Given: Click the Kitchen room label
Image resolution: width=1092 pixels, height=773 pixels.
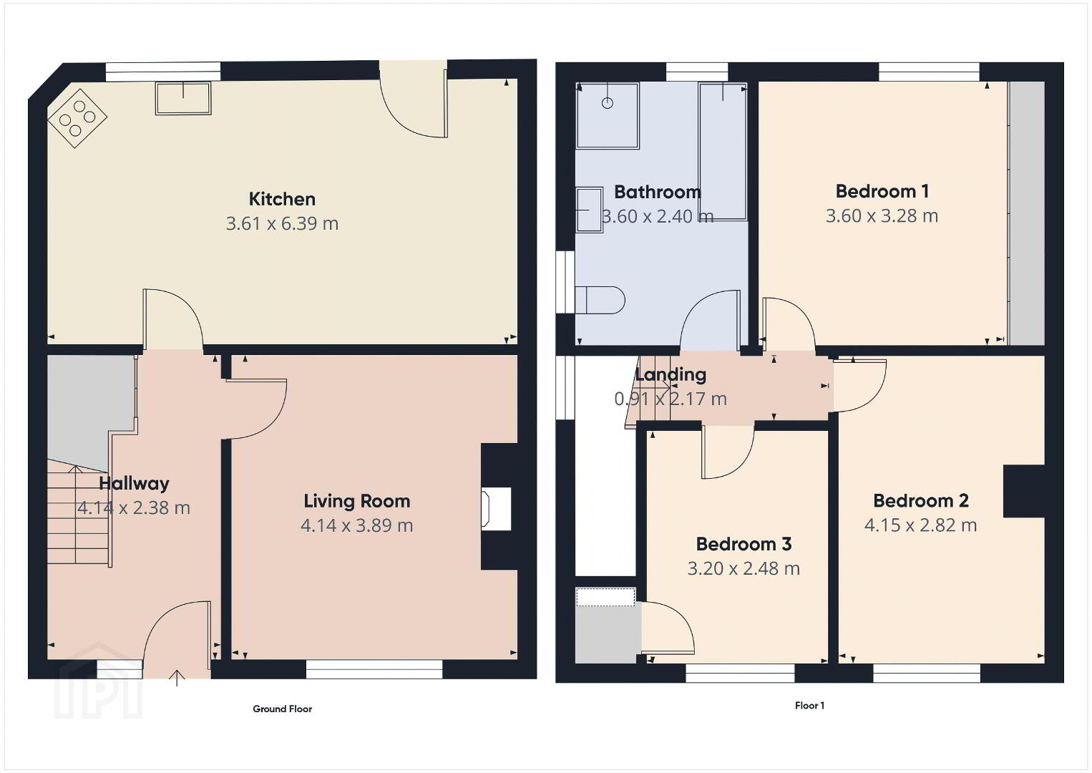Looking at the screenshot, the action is pos(282,199).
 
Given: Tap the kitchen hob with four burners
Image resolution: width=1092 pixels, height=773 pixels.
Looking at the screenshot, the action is pos(77,118).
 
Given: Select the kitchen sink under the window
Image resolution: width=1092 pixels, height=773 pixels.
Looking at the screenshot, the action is pos(183,99).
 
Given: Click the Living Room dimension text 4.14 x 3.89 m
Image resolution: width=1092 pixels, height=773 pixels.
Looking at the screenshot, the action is pos(357,525).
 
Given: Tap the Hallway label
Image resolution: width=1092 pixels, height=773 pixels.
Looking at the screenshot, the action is pos(134,483).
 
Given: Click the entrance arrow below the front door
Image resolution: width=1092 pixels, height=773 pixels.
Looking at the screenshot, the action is pos(177,679).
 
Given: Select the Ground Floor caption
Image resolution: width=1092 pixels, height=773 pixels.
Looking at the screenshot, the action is pos(282,709).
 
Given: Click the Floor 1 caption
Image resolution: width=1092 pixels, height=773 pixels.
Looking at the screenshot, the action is pos(809,705).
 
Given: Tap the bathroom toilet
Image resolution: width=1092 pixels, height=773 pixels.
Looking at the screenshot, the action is pos(600,300).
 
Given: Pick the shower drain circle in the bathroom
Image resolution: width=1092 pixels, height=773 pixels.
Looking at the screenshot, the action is pos(608,103).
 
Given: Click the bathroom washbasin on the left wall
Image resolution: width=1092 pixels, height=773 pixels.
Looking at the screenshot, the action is pos(589,210).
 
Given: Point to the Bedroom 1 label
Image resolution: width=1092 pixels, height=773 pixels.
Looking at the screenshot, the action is pos(882,191).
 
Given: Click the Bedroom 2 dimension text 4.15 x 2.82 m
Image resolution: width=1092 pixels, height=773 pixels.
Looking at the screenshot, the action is pos(920,525).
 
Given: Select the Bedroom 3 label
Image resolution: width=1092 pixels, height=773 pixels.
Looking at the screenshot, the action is pos(744,544).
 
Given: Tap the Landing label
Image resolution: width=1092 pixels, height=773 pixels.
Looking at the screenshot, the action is pos(671,374).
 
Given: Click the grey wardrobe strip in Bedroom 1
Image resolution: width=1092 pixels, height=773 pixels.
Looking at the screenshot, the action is pos(1027,213).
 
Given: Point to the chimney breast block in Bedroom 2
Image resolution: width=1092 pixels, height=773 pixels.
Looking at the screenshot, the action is pos(1024,491).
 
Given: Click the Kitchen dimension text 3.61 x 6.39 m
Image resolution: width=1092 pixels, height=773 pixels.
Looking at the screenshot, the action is pos(282,223).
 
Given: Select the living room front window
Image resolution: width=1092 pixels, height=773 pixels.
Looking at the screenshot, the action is pos(374,669).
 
